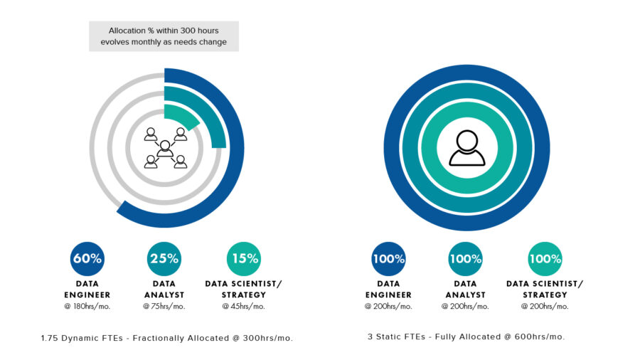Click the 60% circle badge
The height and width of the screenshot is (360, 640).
click(87, 259)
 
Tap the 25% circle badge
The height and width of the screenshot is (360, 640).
click(164, 259)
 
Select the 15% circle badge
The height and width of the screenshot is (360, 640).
click(243, 259)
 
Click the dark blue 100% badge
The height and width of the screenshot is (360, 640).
click(388, 259)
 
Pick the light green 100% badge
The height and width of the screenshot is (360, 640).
click(545, 259)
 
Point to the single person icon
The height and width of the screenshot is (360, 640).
click(466, 147)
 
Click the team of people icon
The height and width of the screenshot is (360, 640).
click(165, 148)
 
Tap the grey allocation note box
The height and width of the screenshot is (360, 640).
click(164, 36)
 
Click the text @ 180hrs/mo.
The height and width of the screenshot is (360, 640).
click(87, 307)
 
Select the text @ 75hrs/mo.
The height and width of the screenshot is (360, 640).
click(164, 307)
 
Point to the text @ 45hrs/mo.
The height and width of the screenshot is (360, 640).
click(243, 307)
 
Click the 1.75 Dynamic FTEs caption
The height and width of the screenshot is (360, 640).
click(166, 338)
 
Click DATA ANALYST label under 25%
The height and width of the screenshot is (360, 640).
click(164, 290)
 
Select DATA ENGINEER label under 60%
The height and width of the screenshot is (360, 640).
click(87, 290)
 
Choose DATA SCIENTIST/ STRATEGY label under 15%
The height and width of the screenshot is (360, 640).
click(243, 290)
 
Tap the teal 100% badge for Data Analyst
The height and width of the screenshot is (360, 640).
click(466, 259)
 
